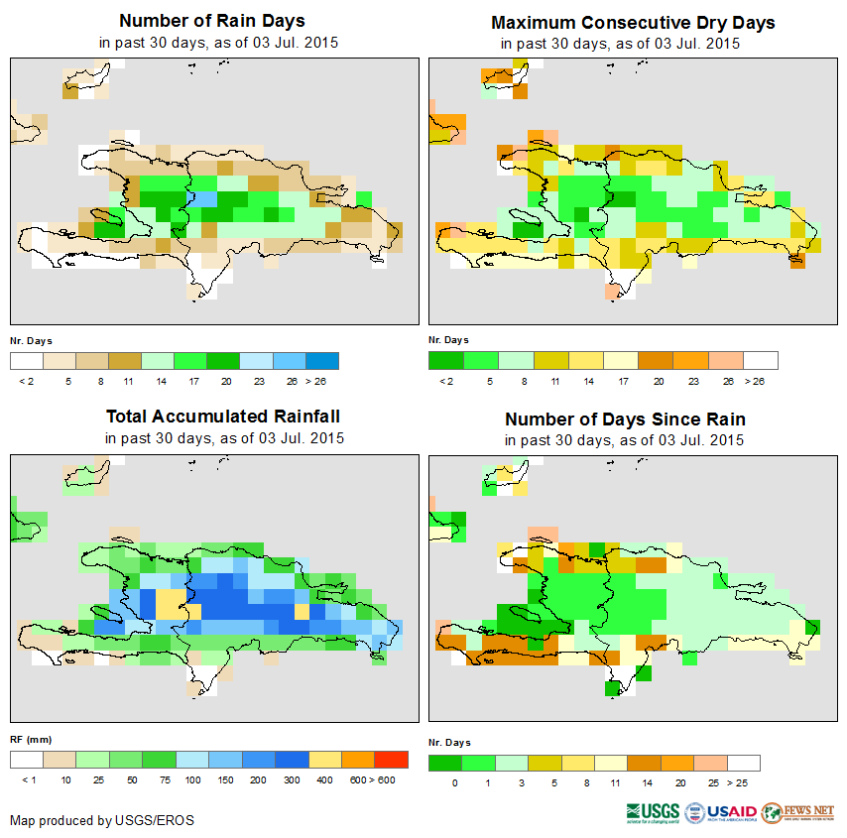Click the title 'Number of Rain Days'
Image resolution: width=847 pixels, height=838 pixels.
click(x=212, y=21)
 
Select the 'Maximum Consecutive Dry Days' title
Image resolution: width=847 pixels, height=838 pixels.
click(x=633, y=22)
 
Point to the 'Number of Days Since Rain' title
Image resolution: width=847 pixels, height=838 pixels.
click(x=625, y=419)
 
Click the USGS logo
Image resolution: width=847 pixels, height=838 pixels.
click(x=653, y=812)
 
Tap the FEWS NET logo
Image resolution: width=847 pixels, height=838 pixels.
click(x=797, y=812)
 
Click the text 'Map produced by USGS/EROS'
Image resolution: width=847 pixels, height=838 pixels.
click(x=102, y=820)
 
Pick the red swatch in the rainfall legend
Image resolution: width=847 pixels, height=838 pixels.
click(x=391, y=760)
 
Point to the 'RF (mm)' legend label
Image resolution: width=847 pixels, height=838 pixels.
click(x=24, y=739)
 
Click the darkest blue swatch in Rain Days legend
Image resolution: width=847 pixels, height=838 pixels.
click(x=322, y=360)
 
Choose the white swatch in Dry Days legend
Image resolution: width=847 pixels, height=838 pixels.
click(x=761, y=360)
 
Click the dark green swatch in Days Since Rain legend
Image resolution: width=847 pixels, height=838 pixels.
click(x=444, y=763)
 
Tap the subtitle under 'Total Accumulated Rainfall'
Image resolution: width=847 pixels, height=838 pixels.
click(x=224, y=438)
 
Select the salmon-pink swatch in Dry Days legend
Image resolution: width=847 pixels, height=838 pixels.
click(x=727, y=360)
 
